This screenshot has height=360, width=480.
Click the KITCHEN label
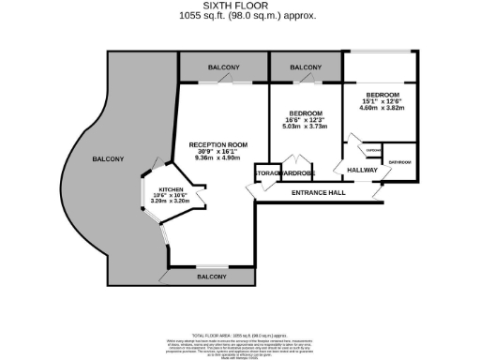tap(171, 188)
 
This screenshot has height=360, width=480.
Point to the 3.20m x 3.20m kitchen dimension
tap(171, 201)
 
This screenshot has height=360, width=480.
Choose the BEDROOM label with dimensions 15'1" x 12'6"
tap(382, 96)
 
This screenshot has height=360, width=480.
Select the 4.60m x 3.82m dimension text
tap(382, 108)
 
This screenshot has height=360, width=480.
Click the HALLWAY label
tap(362, 170)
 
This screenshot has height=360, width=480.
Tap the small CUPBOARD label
tap(372, 150)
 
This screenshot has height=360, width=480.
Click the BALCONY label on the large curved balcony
tap(108, 159)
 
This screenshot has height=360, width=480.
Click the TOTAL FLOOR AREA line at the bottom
tap(240, 335)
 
